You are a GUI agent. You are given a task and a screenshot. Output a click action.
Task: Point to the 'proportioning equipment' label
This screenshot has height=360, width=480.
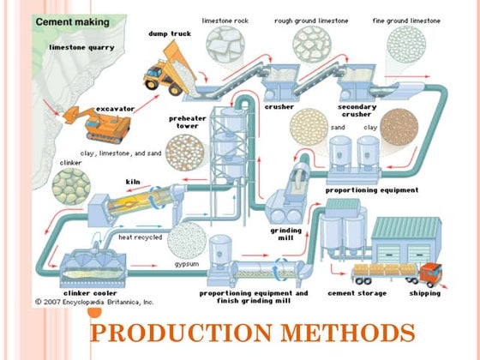tap(372, 189)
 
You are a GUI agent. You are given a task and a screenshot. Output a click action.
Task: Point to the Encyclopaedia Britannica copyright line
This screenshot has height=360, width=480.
tap(94, 303)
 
